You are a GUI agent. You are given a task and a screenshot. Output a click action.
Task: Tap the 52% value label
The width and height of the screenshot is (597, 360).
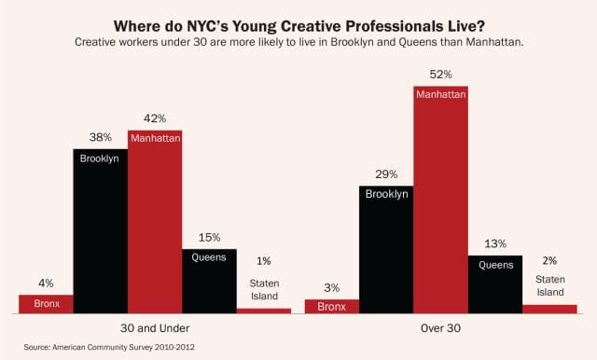440,74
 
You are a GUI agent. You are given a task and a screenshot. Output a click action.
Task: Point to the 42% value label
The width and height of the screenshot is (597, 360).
155,118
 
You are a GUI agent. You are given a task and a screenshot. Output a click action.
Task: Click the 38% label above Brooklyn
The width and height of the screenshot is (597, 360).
100,137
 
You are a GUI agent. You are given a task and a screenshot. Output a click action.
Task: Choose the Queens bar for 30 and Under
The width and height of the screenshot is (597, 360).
209,281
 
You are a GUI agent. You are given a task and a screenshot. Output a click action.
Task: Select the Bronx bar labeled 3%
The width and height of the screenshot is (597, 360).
332,306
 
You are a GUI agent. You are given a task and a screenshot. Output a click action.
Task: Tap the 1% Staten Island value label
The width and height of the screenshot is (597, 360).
264,261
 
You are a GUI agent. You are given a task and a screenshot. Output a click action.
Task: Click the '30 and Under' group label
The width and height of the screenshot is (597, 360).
155,328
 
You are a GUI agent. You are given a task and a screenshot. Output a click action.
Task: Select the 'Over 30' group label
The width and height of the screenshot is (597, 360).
441,328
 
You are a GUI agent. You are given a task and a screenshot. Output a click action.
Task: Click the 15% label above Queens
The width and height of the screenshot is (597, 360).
209,237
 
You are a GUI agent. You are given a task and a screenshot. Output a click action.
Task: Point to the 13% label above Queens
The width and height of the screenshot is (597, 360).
495,243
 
